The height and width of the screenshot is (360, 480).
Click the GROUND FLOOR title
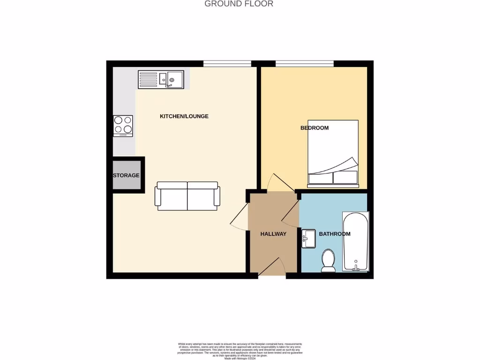[239, 4]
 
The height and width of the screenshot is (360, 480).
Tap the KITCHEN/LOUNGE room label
[184, 116]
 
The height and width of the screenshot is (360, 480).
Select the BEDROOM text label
[315, 127]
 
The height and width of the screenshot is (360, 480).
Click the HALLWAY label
[273, 234]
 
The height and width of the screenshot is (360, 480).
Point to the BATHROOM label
[335, 234]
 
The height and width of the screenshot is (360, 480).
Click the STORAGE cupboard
[127, 175]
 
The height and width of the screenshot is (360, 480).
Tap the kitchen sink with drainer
[161, 79]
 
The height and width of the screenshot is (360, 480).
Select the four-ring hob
[123, 126]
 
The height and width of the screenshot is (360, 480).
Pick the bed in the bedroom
[333, 152]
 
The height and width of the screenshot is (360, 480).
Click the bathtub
[356, 242]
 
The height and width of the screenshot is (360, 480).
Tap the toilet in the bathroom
[328, 260]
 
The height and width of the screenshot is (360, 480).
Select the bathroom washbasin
[309, 238]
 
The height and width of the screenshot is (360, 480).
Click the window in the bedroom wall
[304, 64]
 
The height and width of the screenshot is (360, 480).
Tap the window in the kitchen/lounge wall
[227, 64]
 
